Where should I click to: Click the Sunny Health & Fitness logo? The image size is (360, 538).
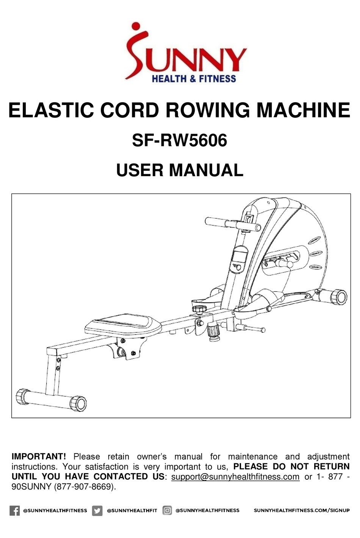point(186,53)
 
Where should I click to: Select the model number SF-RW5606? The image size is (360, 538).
point(179,141)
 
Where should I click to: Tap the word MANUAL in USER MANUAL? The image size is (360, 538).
point(206,170)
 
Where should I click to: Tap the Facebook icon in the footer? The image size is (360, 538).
point(14,511)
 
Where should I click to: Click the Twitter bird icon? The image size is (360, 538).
point(97,511)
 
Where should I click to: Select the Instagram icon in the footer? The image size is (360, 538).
point(167,511)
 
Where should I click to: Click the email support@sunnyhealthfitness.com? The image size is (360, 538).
point(235,477)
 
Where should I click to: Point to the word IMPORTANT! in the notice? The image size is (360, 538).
point(39,457)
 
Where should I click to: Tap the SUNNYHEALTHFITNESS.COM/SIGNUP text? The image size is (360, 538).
point(302,511)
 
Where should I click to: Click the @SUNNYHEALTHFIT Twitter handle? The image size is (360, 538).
point(132,511)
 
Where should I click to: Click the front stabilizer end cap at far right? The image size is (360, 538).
point(339,297)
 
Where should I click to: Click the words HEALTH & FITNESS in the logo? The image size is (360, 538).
point(194,79)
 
